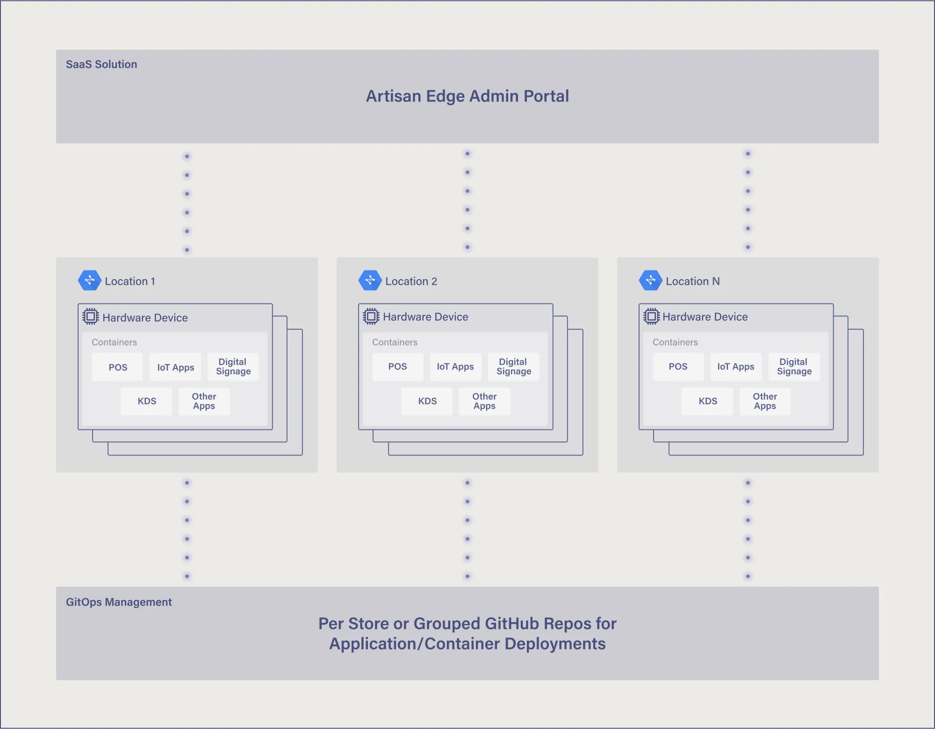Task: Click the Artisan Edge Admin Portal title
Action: [467, 96]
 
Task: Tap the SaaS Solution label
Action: [101, 64]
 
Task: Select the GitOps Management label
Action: [119, 602]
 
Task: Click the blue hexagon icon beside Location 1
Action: [89, 281]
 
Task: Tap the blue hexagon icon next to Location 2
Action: [370, 281]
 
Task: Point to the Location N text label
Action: [692, 281]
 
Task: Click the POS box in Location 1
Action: [117, 367]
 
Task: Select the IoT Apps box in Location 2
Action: [455, 367]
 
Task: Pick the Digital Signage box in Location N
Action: [794, 367]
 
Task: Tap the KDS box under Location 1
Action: [146, 401]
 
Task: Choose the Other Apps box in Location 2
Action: [484, 401]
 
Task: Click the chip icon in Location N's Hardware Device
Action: [651, 317]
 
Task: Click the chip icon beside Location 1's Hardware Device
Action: [91, 317]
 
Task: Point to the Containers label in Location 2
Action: [395, 342]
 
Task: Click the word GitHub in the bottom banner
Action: [512, 624]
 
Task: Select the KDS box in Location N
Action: [707, 401]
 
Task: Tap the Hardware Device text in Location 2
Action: [425, 317]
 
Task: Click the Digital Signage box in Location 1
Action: [233, 367]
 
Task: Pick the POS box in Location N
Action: [678, 367]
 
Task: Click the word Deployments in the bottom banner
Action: [555, 644]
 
